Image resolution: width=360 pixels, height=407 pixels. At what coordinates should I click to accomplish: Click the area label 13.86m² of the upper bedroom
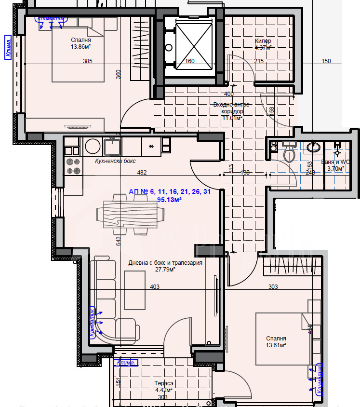[81, 47]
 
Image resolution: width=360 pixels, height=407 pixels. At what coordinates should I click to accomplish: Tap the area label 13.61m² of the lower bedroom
[276, 345]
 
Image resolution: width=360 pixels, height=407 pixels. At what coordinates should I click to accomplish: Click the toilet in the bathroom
[290, 154]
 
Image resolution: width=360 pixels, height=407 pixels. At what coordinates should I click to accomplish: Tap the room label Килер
[263, 41]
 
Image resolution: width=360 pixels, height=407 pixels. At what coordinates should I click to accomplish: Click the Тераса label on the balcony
[163, 383]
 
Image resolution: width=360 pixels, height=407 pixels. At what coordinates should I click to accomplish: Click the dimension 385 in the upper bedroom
[87, 61]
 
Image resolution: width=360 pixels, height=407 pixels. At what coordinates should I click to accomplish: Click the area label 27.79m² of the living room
[165, 270]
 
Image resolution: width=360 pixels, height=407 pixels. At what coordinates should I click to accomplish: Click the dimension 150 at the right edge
[326, 61]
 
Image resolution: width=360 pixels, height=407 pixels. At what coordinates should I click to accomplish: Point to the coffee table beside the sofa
[134, 290]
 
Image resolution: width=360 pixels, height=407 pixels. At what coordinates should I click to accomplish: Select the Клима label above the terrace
[126, 362]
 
